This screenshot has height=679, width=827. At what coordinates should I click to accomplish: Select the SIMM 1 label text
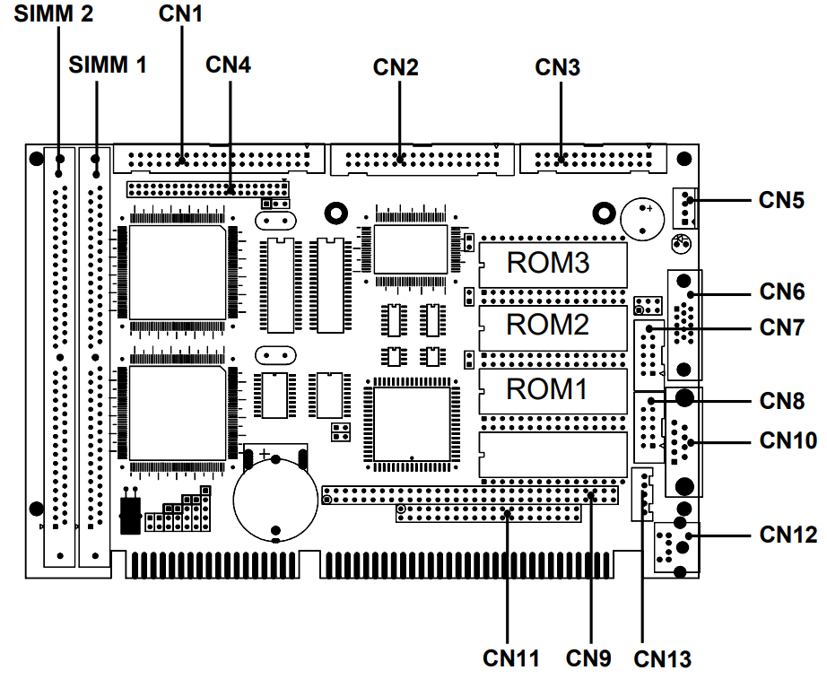(108, 65)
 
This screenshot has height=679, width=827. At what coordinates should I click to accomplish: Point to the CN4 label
(229, 65)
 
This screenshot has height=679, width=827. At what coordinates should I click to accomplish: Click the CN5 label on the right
(782, 199)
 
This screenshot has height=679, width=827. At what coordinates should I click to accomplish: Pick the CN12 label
(788, 535)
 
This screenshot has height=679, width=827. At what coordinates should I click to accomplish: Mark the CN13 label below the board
(663, 659)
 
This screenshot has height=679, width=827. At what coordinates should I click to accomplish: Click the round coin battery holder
(276, 496)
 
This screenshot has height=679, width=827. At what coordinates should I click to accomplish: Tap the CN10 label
(788, 440)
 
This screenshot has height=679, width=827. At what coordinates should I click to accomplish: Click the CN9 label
(588, 657)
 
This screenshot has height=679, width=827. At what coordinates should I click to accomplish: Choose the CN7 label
(782, 326)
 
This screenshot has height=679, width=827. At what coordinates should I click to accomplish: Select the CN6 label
(782, 292)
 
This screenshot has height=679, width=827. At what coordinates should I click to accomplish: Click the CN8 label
(782, 400)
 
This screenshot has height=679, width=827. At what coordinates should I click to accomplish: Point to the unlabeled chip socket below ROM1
(553, 455)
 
